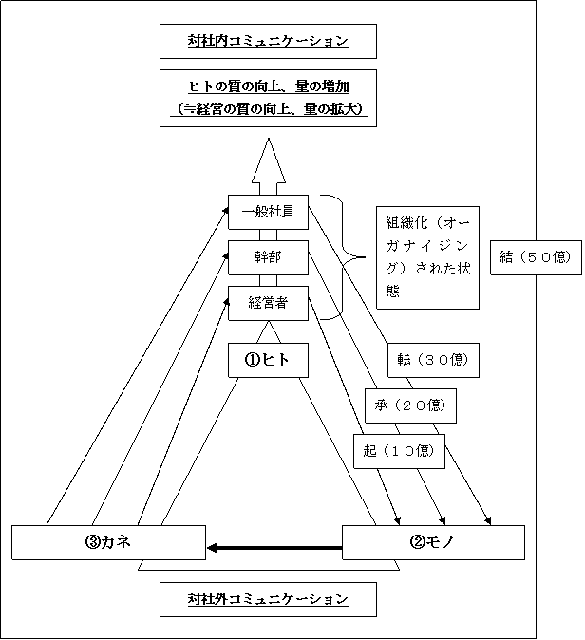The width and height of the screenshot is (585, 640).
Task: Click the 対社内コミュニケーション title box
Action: pyautogui.click(x=268, y=41)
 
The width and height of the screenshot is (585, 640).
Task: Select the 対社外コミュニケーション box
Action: pyautogui.click(x=268, y=599)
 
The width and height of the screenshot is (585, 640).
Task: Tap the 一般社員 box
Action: pyautogui.click(x=268, y=212)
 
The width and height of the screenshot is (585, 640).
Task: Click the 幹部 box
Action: pyautogui.click(x=268, y=257)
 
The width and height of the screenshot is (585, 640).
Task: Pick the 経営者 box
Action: pyautogui.click(x=268, y=303)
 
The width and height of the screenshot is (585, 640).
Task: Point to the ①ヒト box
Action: pyautogui.click(x=268, y=360)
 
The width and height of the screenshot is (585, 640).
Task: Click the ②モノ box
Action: pyautogui.click(x=433, y=542)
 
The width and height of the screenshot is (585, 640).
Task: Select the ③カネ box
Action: pyautogui.click(x=108, y=542)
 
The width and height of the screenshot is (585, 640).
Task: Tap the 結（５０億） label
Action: pyautogui.click(x=536, y=257)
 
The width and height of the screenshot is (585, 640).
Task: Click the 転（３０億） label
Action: pyautogui.click(x=433, y=360)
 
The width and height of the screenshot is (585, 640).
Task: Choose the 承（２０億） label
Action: pyautogui.click(x=410, y=405)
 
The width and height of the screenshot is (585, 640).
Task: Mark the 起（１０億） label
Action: pyautogui.click(x=399, y=451)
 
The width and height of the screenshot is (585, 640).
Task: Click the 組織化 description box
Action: pyautogui.click(x=427, y=257)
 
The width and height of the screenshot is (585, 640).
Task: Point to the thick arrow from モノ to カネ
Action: pyautogui.click(x=274, y=548)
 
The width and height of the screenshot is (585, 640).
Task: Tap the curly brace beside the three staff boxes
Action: pyautogui.click(x=342, y=257)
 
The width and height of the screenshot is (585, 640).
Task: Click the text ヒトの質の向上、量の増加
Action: pyautogui.click(x=269, y=87)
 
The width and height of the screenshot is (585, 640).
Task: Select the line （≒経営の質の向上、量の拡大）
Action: pyautogui.click(x=269, y=109)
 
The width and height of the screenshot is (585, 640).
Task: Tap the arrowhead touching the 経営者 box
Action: pyautogui.click(x=226, y=302)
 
